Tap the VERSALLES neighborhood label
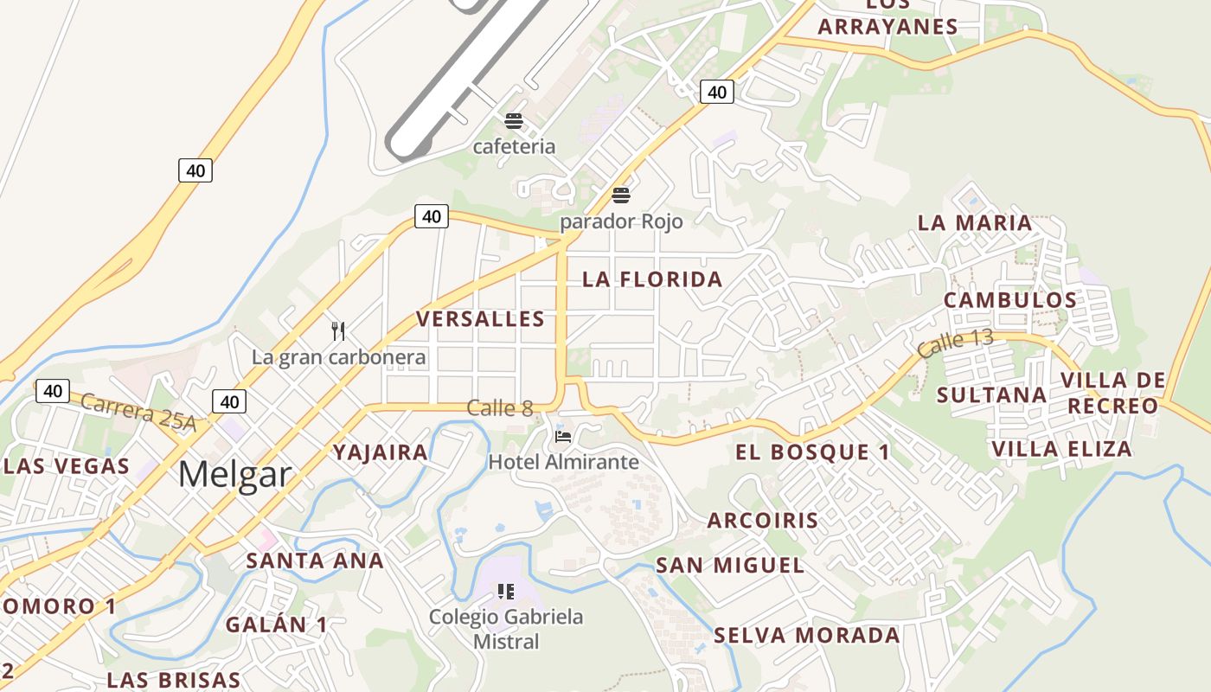(481, 319)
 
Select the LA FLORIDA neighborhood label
(652, 279)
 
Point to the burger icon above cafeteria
(514, 120)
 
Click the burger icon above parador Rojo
(621, 195)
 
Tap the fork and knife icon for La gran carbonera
(339, 330)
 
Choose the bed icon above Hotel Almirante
(563, 436)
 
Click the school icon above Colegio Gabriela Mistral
(506, 592)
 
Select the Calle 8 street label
(500, 408)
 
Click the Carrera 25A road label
(138, 413)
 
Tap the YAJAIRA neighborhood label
(381, 452)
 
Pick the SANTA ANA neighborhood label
(315, 561)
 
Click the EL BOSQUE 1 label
(812, 452)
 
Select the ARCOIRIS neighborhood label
(763, 521)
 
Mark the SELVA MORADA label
(807, 636)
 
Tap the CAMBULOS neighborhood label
(1010, 301)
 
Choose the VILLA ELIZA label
(1062, 449)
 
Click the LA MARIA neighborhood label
(975, 223)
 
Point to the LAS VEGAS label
(67, 466)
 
